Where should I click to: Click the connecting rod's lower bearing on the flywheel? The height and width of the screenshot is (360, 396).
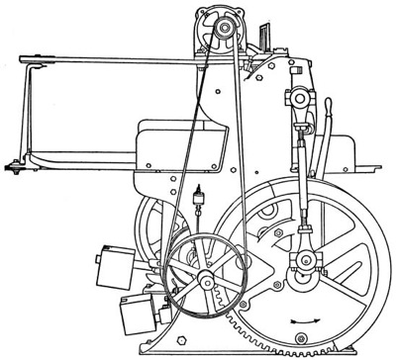click(x=305, y=262)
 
